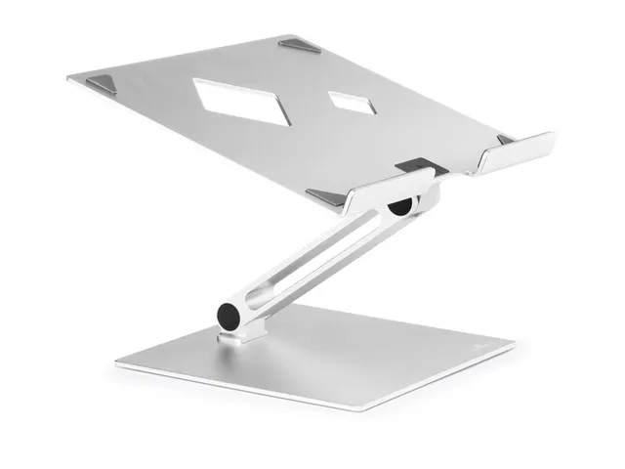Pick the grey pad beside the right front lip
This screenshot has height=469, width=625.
pos(505,141)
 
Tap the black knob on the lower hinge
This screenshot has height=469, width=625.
pos(229,317)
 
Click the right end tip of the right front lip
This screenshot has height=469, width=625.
pos(552,138)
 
